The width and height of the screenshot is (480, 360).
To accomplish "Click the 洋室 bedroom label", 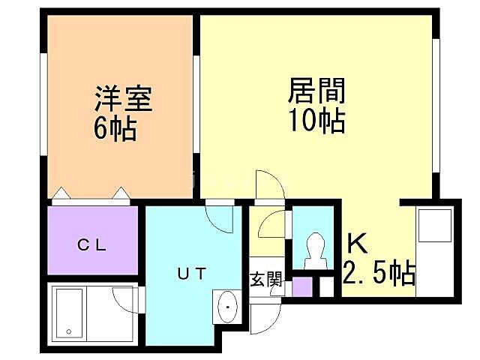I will [x=123, y=100].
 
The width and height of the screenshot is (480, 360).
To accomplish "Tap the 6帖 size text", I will [x=115, y=129].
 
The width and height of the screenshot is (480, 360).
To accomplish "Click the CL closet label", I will [x=94, y=244].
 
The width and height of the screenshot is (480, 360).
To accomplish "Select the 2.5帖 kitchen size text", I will [x=379, y=274].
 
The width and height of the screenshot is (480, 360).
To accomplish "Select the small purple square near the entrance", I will [x=301, y=287].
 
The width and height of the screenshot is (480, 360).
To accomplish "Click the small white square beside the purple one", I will [x=325, y=286].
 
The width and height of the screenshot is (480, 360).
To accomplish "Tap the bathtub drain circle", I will [x=67, y=331].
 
